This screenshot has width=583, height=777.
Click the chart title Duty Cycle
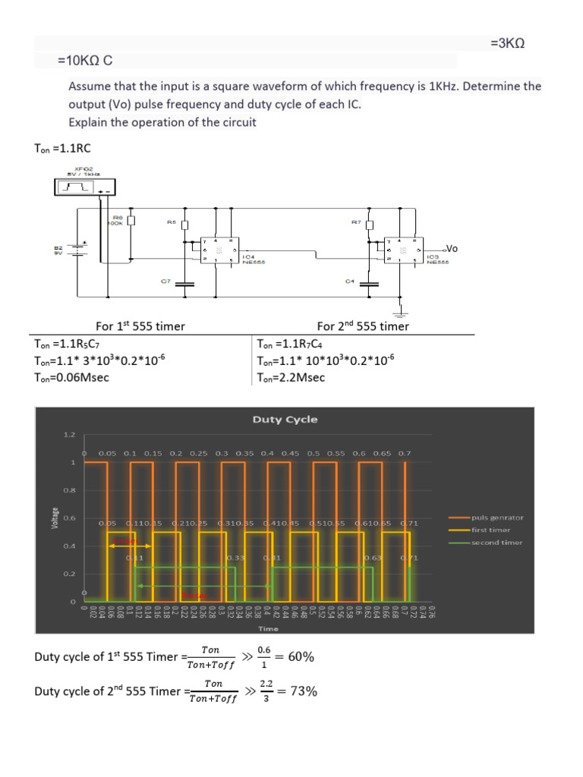(285, 419)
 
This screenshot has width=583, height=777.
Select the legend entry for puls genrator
(497, 517)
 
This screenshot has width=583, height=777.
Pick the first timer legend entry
(491, 530)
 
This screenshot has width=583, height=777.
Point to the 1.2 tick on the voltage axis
(69, 435)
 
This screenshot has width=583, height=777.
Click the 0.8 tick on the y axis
(69, 490)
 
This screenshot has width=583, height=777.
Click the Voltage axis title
(55, 518)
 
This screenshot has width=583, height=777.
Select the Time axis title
(268, 628)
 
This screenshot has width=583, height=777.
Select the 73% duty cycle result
(301, 691)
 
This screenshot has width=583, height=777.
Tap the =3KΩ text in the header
(508, 44)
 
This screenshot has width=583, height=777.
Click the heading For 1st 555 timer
(140, 326)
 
